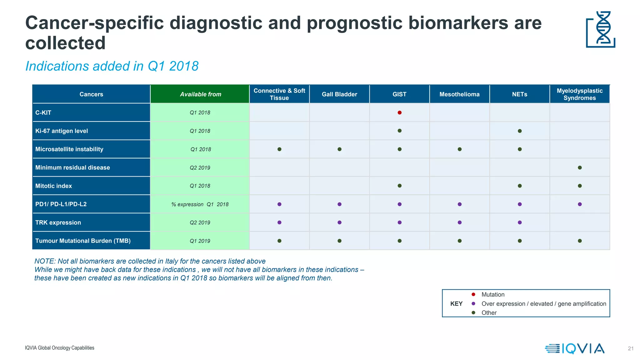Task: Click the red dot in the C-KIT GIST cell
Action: [x=399, y=112]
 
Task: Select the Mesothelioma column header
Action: [x=459, y=94]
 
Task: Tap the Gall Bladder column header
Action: [x=339, y=94]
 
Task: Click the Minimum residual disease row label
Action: [x=72, y=167]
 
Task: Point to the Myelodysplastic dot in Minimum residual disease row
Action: [x=580, y=167]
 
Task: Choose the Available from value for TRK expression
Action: [x=200, y=222]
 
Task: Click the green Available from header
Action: [x=200, y=94]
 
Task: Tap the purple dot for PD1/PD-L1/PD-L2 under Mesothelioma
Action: [x=459, y=204]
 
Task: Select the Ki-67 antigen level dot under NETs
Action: [x=520, y=131]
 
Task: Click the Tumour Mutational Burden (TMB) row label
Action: [x=83, y=241]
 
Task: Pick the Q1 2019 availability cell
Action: [x=200, y=241]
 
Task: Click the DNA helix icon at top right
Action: [x=601, y=29]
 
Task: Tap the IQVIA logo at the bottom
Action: [x=575, y=348]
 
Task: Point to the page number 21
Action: [x=631, y=348]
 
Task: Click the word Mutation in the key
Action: [x=493, y=294]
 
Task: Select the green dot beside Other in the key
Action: [x=473, y=312]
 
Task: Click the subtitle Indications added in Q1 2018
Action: [x=112, y=66]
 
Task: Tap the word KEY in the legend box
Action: [x=456, y=304]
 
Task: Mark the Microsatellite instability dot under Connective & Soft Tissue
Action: [x=279, y=149]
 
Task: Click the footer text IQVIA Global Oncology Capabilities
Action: [x=59, y=348]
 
